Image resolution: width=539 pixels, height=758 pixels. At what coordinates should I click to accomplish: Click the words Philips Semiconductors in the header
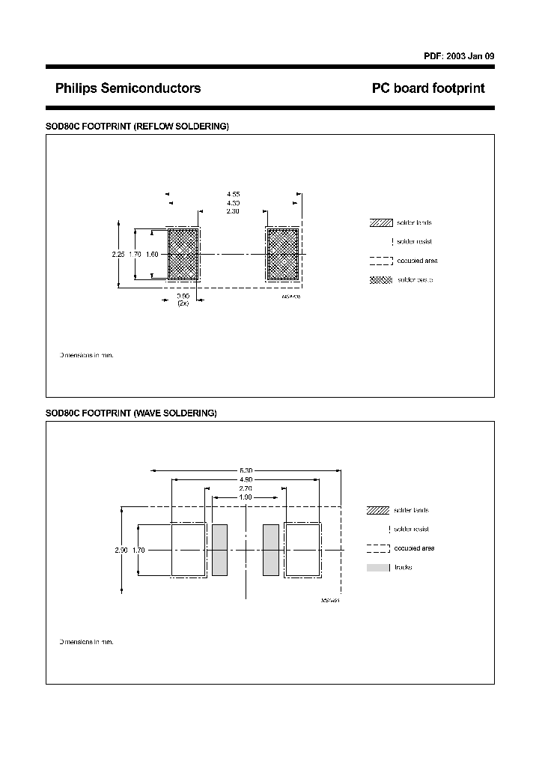(128, 88)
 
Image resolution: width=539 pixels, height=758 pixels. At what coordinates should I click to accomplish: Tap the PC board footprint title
(428, 88)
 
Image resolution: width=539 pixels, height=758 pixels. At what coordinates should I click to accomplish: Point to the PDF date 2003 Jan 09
(459, 56)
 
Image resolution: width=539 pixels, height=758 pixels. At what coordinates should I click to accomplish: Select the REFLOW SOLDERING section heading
(137, 127)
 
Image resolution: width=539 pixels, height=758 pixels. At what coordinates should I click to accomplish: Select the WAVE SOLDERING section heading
(131, 413)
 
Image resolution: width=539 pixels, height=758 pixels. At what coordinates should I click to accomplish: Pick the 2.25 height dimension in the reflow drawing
(118, 255)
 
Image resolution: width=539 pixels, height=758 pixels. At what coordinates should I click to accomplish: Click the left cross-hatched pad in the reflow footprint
(182, 255)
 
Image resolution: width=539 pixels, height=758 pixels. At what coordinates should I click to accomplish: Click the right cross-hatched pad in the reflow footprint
(283, 255)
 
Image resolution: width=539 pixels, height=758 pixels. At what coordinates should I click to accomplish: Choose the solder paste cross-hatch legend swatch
(381, 280)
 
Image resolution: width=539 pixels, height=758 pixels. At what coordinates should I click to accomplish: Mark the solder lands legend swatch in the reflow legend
(381, 223)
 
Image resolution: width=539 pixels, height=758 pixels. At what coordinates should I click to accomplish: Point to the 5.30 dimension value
(246, 471)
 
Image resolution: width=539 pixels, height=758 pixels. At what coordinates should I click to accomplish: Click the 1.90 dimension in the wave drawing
(246, 497)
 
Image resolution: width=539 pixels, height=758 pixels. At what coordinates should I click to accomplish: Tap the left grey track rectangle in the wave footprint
(219, 550)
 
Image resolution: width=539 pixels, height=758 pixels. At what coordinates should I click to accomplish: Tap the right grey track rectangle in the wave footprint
(271, 550)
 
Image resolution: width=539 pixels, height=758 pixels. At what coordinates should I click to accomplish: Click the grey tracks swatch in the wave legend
(378, 568)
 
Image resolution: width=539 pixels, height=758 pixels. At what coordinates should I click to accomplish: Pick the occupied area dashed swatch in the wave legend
(378, 548)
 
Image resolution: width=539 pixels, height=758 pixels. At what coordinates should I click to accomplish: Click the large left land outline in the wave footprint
(189, 550)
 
